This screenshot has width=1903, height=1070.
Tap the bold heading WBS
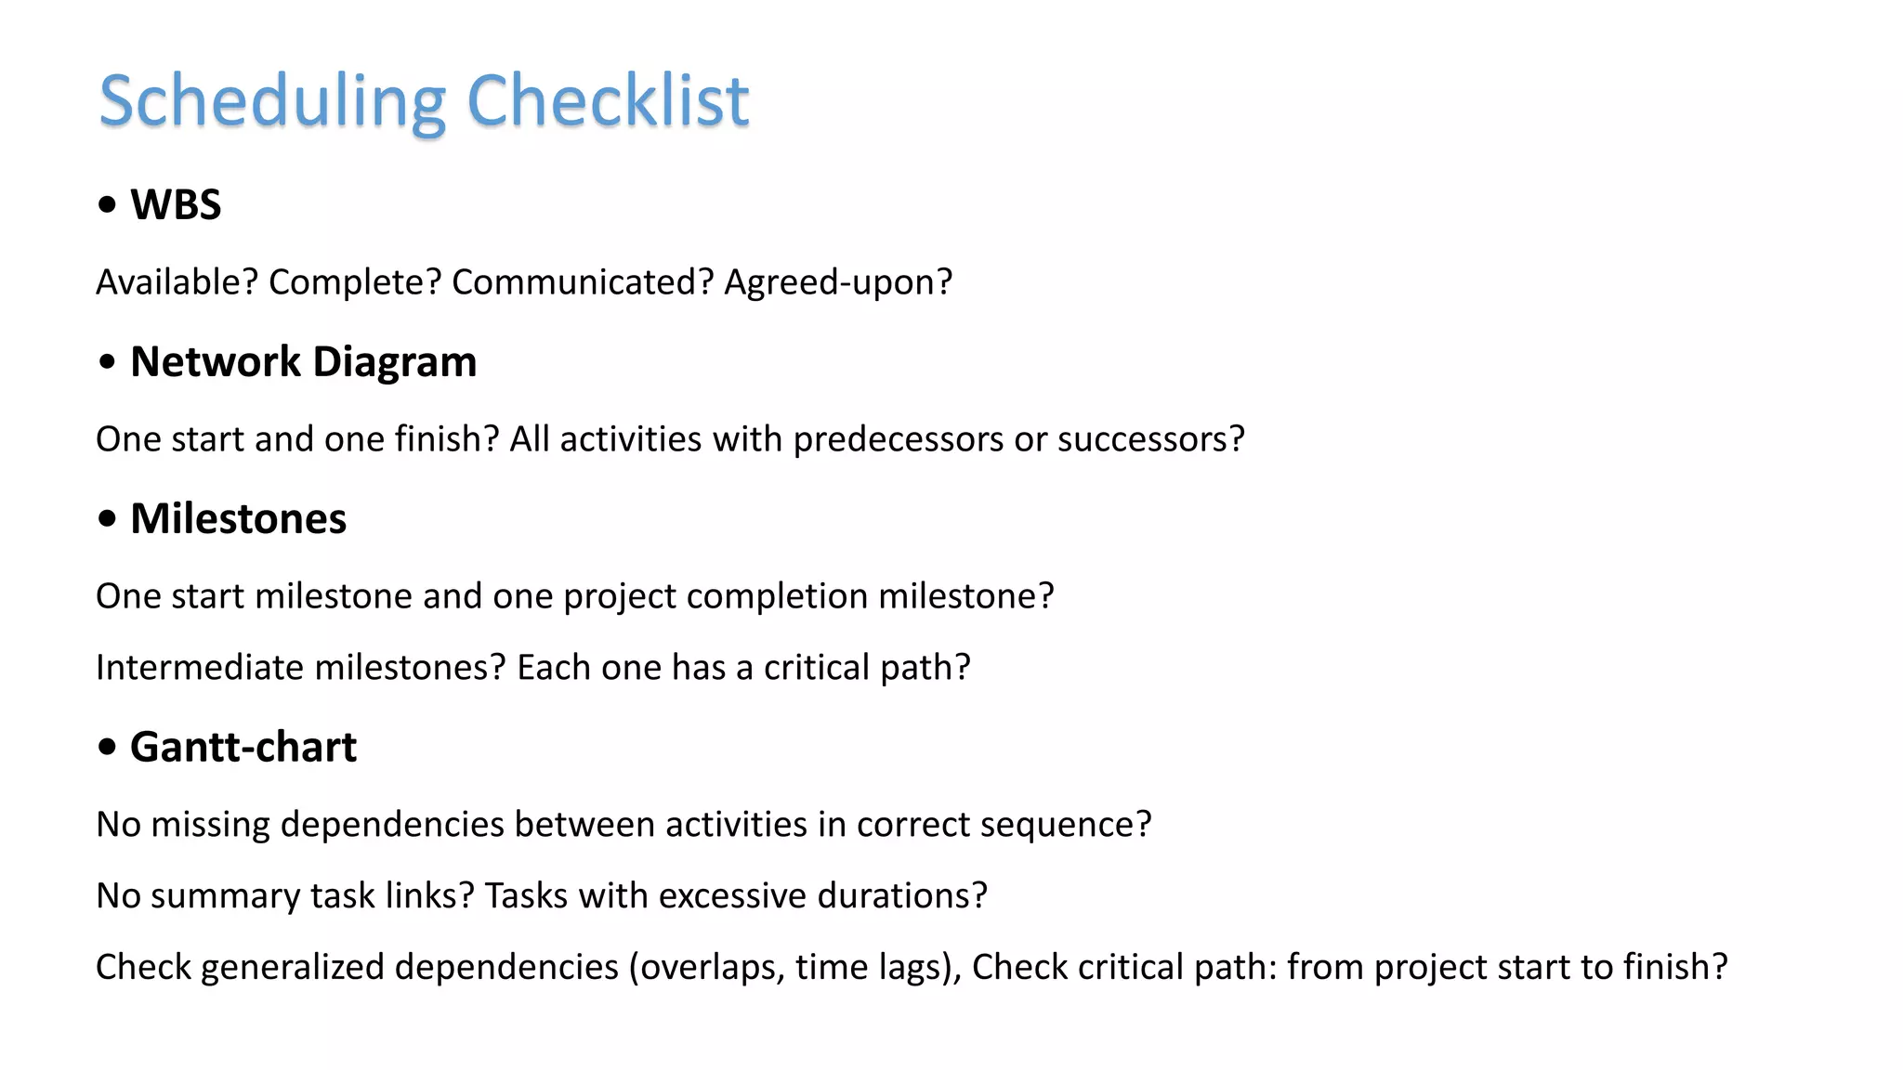click(176, 204)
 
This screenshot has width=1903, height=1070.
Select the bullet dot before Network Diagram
click(108, 362)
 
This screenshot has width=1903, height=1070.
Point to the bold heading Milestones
click(238, 518)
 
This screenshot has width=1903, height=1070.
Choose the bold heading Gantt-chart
click(243, 747)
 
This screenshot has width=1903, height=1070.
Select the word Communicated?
click(583, 281)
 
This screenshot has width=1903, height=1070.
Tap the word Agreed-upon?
click(838, 281)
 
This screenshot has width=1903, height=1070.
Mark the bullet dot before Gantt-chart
click(108, 747)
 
